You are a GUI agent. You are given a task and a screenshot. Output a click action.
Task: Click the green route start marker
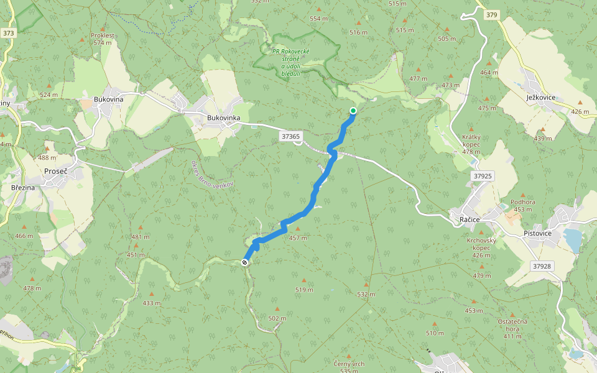353,111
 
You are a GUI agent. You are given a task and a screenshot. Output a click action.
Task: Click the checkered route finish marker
245,262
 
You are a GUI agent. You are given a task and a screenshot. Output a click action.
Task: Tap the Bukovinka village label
223,117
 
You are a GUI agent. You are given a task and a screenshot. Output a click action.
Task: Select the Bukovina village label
108,99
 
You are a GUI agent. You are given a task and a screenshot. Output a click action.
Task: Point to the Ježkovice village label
540,98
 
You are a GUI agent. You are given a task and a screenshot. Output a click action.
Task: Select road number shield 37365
290,136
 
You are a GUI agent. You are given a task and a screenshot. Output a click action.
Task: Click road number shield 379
493,15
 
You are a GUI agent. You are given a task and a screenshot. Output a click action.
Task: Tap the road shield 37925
483,176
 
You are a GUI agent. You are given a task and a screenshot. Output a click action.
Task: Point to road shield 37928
542,265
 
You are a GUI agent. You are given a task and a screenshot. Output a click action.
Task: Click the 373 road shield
8,33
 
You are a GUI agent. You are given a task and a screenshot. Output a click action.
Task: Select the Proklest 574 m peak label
102,39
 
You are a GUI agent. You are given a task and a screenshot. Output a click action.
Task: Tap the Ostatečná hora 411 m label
512,328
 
